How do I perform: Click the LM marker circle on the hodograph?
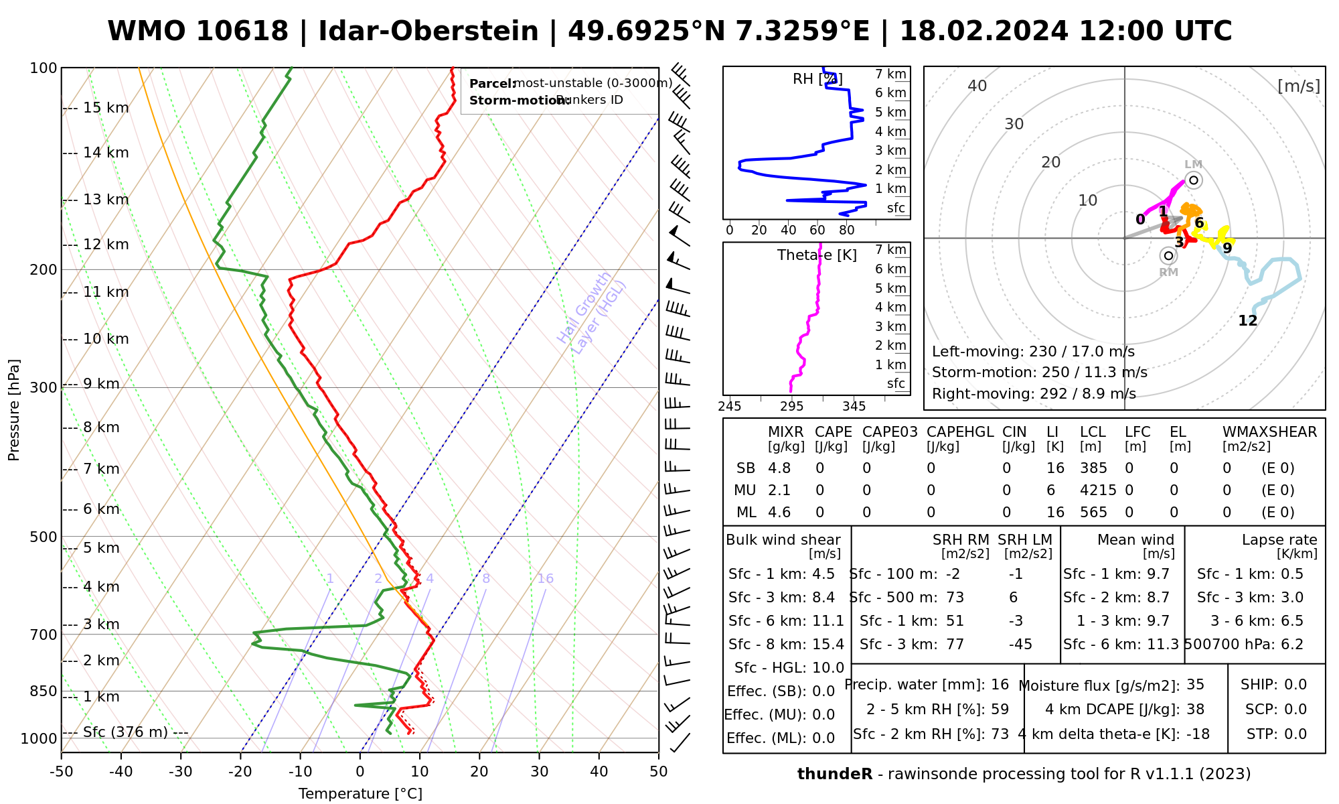click(1194, 180)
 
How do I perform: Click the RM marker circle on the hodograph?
click(1168, 255)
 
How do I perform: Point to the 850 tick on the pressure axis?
click(44, 691)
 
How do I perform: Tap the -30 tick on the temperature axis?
click(181, 772)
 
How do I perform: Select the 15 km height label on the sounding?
click(106, 108)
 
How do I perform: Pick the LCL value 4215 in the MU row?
click(1098, 490)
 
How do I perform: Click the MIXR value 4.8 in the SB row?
click(779, 468)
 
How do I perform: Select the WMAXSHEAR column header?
click(1269, 431)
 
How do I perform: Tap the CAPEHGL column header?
click(960, 431)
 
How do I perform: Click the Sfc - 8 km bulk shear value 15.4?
click(828, 644)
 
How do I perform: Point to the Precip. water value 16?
click(1000, 684)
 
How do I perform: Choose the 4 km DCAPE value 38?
click(1195, 709)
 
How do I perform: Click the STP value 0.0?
click(1295, 734)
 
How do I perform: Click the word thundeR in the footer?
click(834, 774)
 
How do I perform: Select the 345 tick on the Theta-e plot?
click(854, 406)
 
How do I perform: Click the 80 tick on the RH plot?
click(847, 230)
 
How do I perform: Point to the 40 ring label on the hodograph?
click(977, 85)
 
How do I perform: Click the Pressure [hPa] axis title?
click(14, 410)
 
